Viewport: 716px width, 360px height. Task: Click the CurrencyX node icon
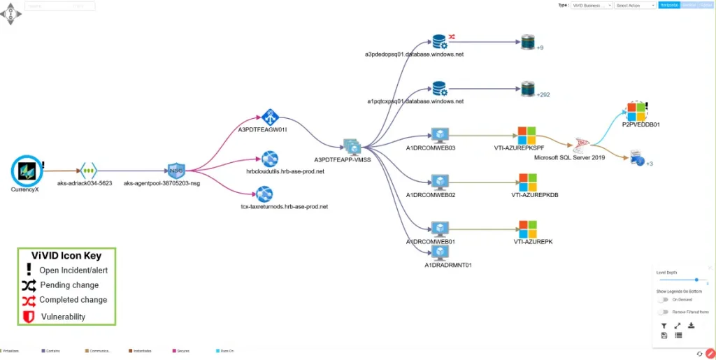point(27,170)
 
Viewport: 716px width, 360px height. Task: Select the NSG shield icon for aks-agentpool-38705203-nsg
point(176,170)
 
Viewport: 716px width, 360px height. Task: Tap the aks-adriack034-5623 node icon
point(89,170)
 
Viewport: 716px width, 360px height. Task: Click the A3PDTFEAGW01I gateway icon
point(270,117)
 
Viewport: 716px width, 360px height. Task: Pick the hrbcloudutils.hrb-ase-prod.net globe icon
point(270,159)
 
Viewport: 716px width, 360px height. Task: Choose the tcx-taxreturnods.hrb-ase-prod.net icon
point(264,194)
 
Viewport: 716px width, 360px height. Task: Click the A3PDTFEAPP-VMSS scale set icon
point(352,146)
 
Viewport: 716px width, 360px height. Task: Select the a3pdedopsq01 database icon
point(439,42)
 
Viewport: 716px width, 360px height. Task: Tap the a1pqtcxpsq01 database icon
point(439,89)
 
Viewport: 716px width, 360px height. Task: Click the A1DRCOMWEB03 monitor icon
point(439,135)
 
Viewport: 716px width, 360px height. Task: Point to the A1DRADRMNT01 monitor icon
point(439,253)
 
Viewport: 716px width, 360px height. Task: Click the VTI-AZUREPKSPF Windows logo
point(526,135)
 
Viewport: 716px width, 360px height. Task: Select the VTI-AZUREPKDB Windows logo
point(526,182)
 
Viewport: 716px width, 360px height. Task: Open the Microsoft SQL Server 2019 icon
point(580,145)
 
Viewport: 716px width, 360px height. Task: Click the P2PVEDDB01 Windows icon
point(636,110)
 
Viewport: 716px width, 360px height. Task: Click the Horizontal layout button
point(669,5)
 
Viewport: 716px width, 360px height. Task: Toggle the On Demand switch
point(662,299)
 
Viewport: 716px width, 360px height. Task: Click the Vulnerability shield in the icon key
point(29,317)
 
